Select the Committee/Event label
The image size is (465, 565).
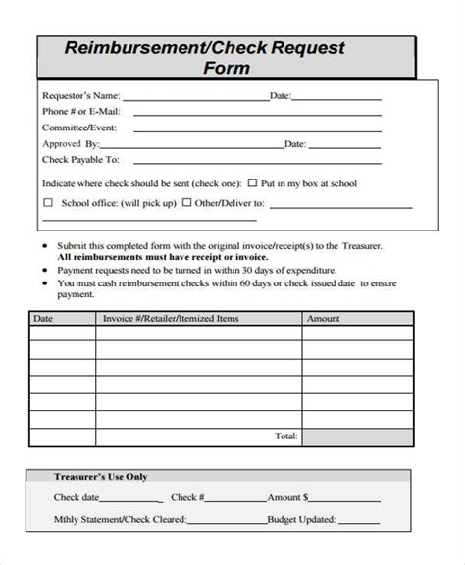pos(79,127)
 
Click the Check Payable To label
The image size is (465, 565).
pos(81,159)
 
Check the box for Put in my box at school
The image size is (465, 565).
pos(252,182)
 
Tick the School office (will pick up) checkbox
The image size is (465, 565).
pos(49,204)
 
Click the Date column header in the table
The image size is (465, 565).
pos(43,319)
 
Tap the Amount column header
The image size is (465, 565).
pos(324,319)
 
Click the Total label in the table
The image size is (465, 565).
pos(285,434)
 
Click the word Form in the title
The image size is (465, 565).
pos(228,69)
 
